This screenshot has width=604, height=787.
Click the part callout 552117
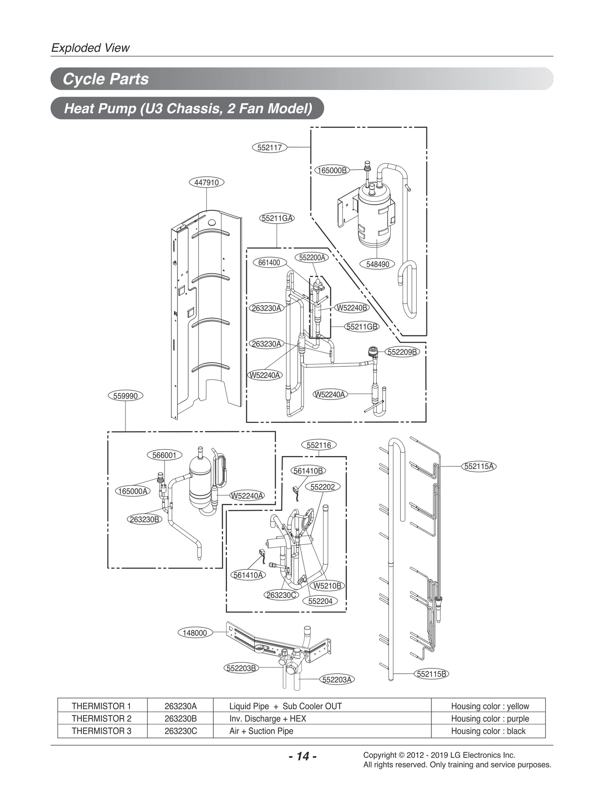coord(269,147)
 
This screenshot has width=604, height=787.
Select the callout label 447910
coord(206,182)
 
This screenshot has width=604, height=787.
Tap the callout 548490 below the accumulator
coord(377,264)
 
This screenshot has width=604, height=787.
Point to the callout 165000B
coord(332,170)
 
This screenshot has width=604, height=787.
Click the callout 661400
coord(269,262)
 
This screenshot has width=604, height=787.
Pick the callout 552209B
coord(402,352)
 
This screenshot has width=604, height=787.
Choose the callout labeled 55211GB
coord(362,327)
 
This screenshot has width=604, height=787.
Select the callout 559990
coord(125,396)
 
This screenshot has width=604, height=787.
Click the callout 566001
coord(164,455)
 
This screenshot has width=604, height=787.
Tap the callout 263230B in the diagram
coord(144,519)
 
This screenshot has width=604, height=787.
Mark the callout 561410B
coord(308,471)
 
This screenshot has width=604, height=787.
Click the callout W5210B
coord(327,586)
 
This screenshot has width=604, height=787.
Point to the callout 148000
coord(195,633)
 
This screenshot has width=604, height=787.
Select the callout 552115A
coord(479,466)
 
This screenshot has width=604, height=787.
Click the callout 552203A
coord(337,680)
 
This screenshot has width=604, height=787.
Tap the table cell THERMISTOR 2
coord(102,719)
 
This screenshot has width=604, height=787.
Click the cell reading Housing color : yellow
coord(490,706)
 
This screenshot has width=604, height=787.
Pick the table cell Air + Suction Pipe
coord(261,731)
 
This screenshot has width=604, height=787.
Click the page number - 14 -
coord(302,756)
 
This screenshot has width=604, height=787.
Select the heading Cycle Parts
coord(106,79)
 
